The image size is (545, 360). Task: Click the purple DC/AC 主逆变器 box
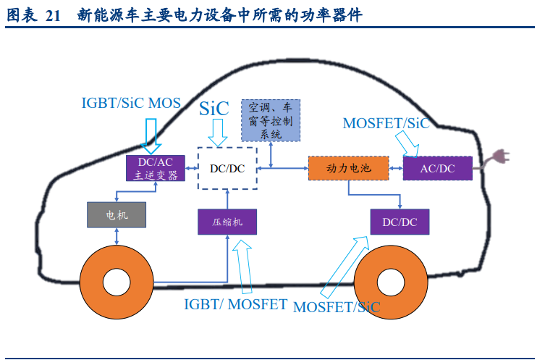(x=156, y=168)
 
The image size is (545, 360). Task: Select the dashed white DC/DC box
(x=227, y=168)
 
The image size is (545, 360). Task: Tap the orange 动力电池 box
(x=348, y=168)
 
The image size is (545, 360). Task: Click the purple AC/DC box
(x=438, y=168)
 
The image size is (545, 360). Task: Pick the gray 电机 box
(x=117, y=215)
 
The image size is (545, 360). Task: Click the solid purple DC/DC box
(x=400, y=221)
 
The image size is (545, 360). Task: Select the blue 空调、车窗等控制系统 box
(x=270, y=120)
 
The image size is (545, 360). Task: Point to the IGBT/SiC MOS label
(x=131, y=103)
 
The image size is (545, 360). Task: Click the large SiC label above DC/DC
(x=214, y=109)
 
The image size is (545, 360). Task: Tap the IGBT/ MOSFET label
(x=236, y=304)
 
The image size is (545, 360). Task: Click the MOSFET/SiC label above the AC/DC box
(x=386, y=123)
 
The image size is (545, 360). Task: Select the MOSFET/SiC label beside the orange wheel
(x=337, y=306)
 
